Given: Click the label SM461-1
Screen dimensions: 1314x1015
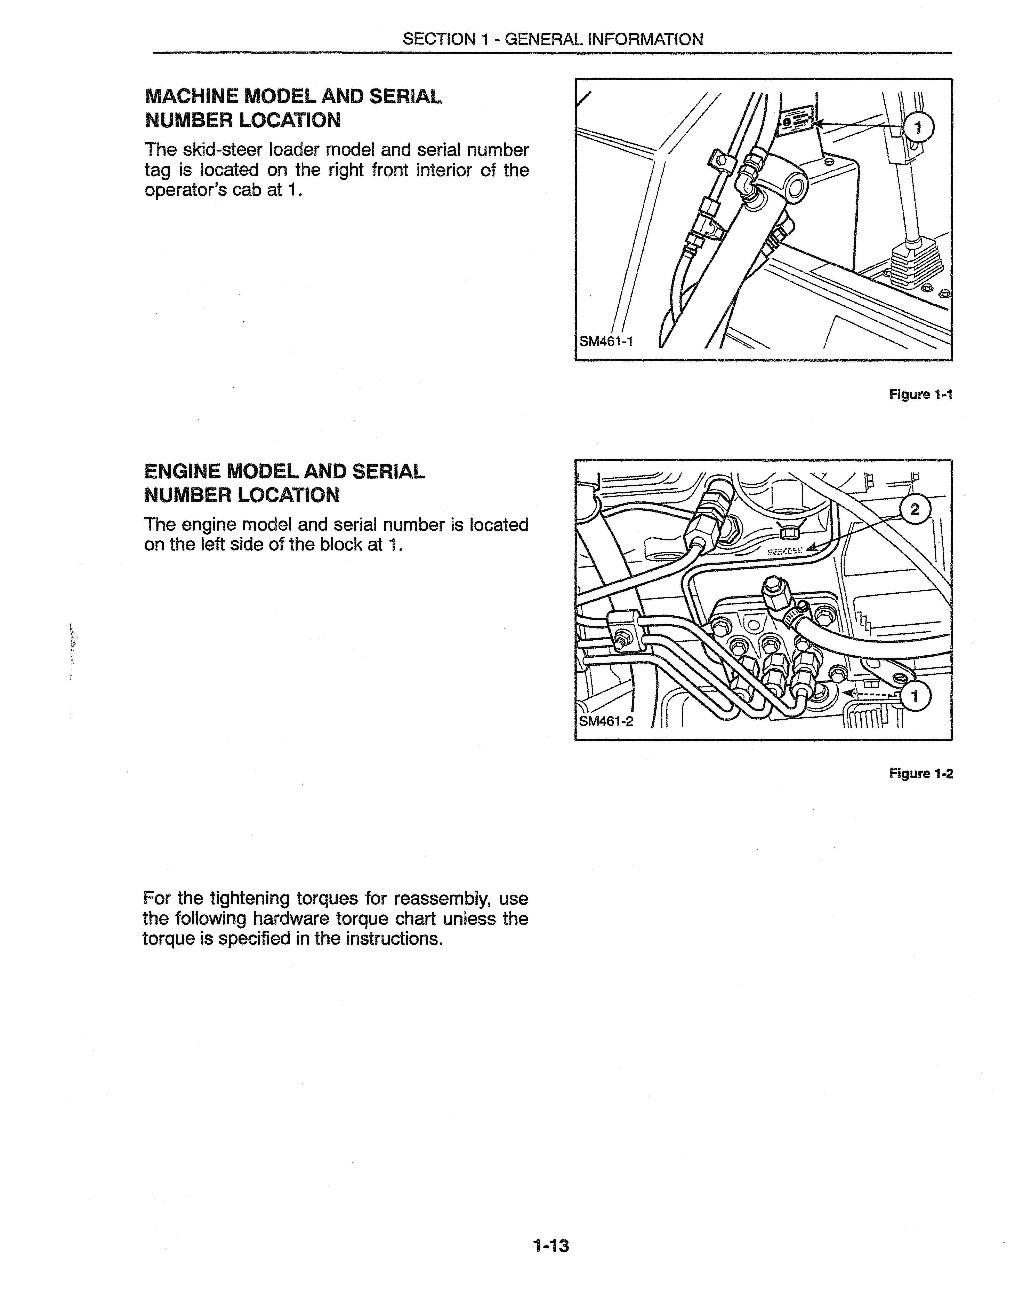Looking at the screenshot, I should (x=605, y=342).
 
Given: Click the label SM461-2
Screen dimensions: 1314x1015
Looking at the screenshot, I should (x=605, y=721).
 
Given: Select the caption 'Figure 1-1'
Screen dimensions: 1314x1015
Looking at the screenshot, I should (x=921, y=395).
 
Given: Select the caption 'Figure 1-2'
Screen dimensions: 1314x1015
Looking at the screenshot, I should (x=921, y=774).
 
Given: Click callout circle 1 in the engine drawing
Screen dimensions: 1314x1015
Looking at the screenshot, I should (x=915, y=697).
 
